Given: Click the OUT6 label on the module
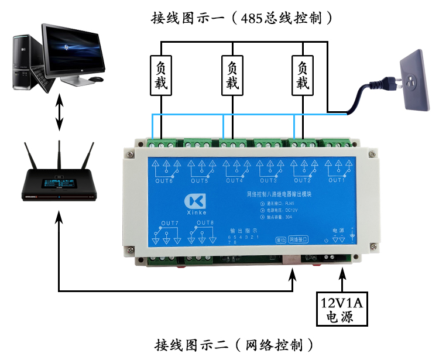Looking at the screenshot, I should point(163,180).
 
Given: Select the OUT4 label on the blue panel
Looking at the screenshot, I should point(233,180).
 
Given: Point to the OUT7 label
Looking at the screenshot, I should point(169,223).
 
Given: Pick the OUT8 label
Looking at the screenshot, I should point(205,223).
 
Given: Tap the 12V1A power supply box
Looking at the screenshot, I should point(343,308).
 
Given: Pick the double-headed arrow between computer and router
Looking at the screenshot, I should point(59,112).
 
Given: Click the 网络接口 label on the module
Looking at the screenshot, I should point(300,239).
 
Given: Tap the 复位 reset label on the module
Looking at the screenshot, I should point(281,239).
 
